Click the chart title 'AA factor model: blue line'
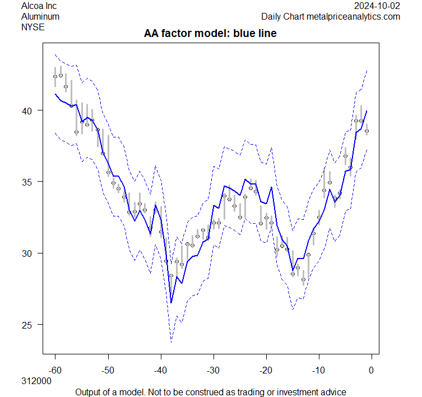(x=210, y=34)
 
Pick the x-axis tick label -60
(x=55, y=370)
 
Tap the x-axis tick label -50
(x=108, y=370)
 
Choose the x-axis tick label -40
(x=160, y=370)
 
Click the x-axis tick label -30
(x=213, y=370)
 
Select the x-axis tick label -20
(x=266, y=370)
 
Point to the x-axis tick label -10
(x=318, y=370)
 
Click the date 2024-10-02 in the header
(x=378, y=6)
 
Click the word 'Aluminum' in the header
(x=40, y=16)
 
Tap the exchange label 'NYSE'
(x=33, y=26)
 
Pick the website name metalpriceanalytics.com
(x=353, y=16)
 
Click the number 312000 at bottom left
(x=36, y=381)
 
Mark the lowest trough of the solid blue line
(x=171, y=303)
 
